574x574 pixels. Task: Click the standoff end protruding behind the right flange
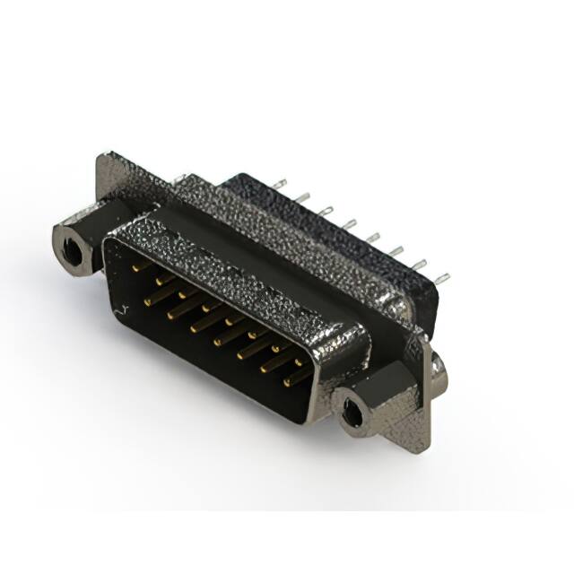point(437,364)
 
